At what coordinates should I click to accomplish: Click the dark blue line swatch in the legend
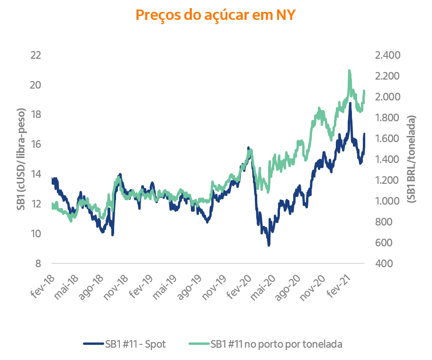(x=93, y=343)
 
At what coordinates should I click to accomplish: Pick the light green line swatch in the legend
(x=197, y=343)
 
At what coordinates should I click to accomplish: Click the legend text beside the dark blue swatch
(x=136, y=343)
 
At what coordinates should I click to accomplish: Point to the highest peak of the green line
(x=350, y=70)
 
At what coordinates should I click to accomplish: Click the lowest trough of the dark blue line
(x=269, y=246)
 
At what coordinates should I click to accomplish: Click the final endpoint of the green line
(x=366, y=89)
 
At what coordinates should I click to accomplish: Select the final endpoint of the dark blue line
(x=366, y=134)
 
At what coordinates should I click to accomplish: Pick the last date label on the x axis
(x=340, y=286)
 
